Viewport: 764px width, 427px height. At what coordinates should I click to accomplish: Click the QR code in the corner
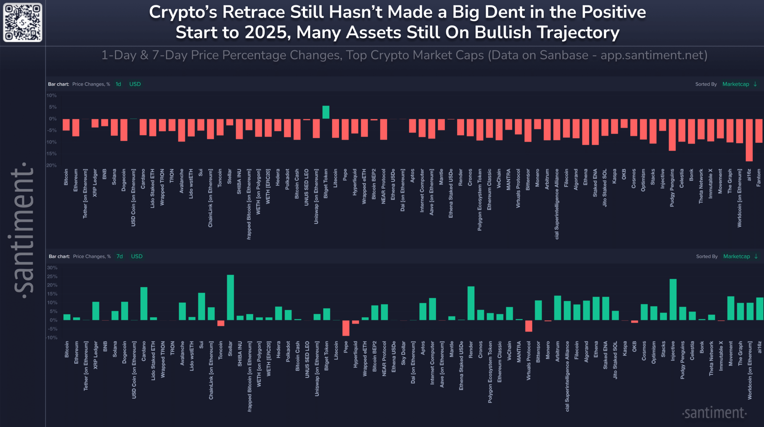pyautogui.click(x=22, y=22)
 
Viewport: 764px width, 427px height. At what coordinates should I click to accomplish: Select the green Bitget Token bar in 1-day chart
pyautogui.click(x=326, y=112)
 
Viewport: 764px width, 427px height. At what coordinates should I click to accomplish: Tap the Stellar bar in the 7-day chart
pyautogui.click(x=230, y=297)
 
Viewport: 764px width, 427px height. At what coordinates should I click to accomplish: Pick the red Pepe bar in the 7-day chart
pyautogui.click(x=346, y=328)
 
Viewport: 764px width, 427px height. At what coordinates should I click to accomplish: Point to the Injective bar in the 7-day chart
pyautogui.click(x=673, y=299)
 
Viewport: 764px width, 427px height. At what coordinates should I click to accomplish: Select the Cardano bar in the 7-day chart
pyautogui.click(x=144, y=304)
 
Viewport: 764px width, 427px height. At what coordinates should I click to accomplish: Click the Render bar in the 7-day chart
pyautogui.click(x=471, y=303)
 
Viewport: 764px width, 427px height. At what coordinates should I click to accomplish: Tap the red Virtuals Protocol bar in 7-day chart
pyautogui.click(x=529, y=326)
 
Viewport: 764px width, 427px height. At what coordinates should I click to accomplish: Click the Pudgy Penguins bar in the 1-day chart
pyautogui.click(x=672, y=135)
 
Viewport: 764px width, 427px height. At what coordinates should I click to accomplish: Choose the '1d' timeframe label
pyautogui.click(x=118, y=84)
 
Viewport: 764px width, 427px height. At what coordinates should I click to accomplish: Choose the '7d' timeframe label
pyautogui.click(x=119, y=256)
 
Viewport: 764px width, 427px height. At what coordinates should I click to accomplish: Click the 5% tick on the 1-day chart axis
pyautogui.click(x=53, y=107)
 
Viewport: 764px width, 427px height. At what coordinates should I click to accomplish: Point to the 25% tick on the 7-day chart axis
pyautogui.click(x=52, y=276)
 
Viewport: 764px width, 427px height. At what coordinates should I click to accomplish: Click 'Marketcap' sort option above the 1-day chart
pyautogui.click(x=735, y=84)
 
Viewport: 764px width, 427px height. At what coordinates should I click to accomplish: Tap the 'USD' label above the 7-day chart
pyautogui.click(x=137, y=256)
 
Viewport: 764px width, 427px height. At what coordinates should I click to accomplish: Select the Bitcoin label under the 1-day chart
pyautogui.click(x=66, y=177)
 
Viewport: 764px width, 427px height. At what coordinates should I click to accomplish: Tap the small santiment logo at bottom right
pyautogui.click(x=714, y=413)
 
